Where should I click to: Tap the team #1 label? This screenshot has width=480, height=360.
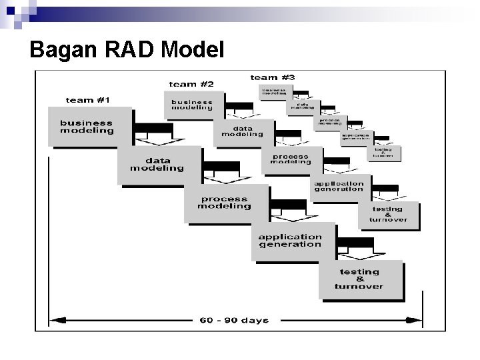tap(87, 100)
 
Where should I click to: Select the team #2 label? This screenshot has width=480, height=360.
tap(191, 84)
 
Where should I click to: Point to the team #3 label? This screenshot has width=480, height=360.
tap(272, 78)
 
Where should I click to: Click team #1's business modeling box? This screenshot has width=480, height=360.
tap(87, 127)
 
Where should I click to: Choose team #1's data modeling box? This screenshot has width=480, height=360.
tap(157, 165)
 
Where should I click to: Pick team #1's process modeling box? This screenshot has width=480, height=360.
tap(224, 203)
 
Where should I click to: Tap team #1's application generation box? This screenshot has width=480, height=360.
tap(290, 240)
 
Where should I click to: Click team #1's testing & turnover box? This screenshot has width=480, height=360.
tap(360, 279)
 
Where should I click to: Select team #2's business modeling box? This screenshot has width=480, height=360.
tap(192, 105)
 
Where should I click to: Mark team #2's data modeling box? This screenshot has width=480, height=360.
tap(243, 131)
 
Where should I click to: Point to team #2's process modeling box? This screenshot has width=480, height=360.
tap(291, 159)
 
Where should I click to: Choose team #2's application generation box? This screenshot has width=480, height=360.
tap(339, 186)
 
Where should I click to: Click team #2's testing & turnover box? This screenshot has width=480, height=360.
tap(388, 215)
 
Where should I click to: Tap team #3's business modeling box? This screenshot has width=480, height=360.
tap(273, 93)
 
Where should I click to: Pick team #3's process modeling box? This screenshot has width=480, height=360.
tap(329, 122)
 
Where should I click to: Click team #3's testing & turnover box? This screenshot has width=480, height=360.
tap(383, 153)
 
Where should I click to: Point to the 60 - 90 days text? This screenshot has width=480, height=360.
tap(234, 320)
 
